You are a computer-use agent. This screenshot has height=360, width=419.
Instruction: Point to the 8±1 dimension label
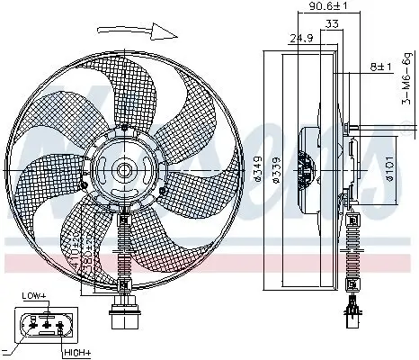tap(380, 66)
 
